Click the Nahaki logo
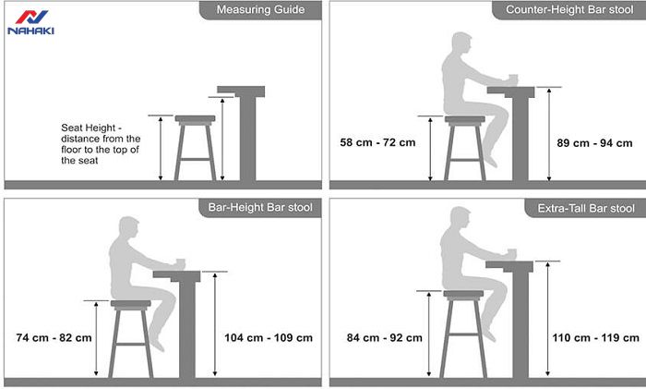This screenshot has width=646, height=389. pos(30,22)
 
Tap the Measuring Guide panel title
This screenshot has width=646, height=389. pos(260,9)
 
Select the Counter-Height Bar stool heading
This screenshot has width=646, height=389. pos(569,9)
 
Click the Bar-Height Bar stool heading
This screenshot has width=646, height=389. pos(260,207)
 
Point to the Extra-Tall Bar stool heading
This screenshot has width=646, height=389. pos(586,208)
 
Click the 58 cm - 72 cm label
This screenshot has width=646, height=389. pos(377,142)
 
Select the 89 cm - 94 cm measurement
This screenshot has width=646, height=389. pos(594,143)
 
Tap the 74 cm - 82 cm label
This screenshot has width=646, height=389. pos(54,338)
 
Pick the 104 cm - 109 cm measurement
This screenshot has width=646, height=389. pos(269,338)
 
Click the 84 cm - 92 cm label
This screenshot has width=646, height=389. pos(385,338)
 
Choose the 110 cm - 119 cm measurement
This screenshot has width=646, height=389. pos(596,338)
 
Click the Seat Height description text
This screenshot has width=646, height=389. pos(101,144)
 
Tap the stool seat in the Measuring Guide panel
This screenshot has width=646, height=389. pos(195,119)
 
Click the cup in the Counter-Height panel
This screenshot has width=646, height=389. pos(513,79)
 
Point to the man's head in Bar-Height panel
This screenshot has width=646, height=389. pos(129,227)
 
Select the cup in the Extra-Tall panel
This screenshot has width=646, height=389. pos(511,254)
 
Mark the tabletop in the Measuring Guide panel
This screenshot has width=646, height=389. pos(241,91)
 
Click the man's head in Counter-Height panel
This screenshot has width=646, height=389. pos(461,43)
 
